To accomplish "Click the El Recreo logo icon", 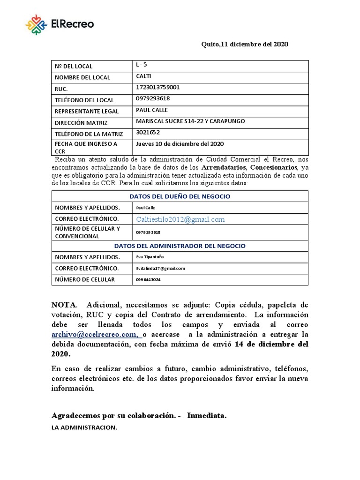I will pyautogui.click(x=36, y=24).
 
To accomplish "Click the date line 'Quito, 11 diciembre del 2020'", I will pyautogui.click(x=245, y=44).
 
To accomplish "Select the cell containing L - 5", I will pyautogui.click(x=141, y=65).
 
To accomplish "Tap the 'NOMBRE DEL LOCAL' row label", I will pyautogui.click(x=82, y=77).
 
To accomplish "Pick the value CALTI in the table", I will pyautogui.click(x=143, y=76).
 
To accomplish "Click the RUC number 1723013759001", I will pyautogui.click(x=157, y=87).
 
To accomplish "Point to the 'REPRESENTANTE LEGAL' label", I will pyautogui.click(x=87, y=112).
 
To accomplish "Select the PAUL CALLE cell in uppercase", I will pyautogui.click(x=152, y=110).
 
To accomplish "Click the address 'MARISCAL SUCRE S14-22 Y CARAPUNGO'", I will pyautogui.click(x=190, y=121).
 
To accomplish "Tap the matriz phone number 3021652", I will pyautogui.click(x=148, y=132).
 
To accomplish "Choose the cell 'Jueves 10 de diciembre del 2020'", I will pyautogui.click(x=180, y=143).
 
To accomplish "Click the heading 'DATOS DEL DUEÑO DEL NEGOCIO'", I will pyautogui.click(x=180, y=196).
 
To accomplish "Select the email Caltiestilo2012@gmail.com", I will pyautogui.click(x=180, y=219).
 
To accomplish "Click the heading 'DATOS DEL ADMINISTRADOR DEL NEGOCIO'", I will pyautogui.click(x=180, y=246).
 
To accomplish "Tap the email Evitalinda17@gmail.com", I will pyautogui.click(x=160, y=268).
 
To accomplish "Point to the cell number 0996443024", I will pyautogui.click(x=148, y=279).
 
